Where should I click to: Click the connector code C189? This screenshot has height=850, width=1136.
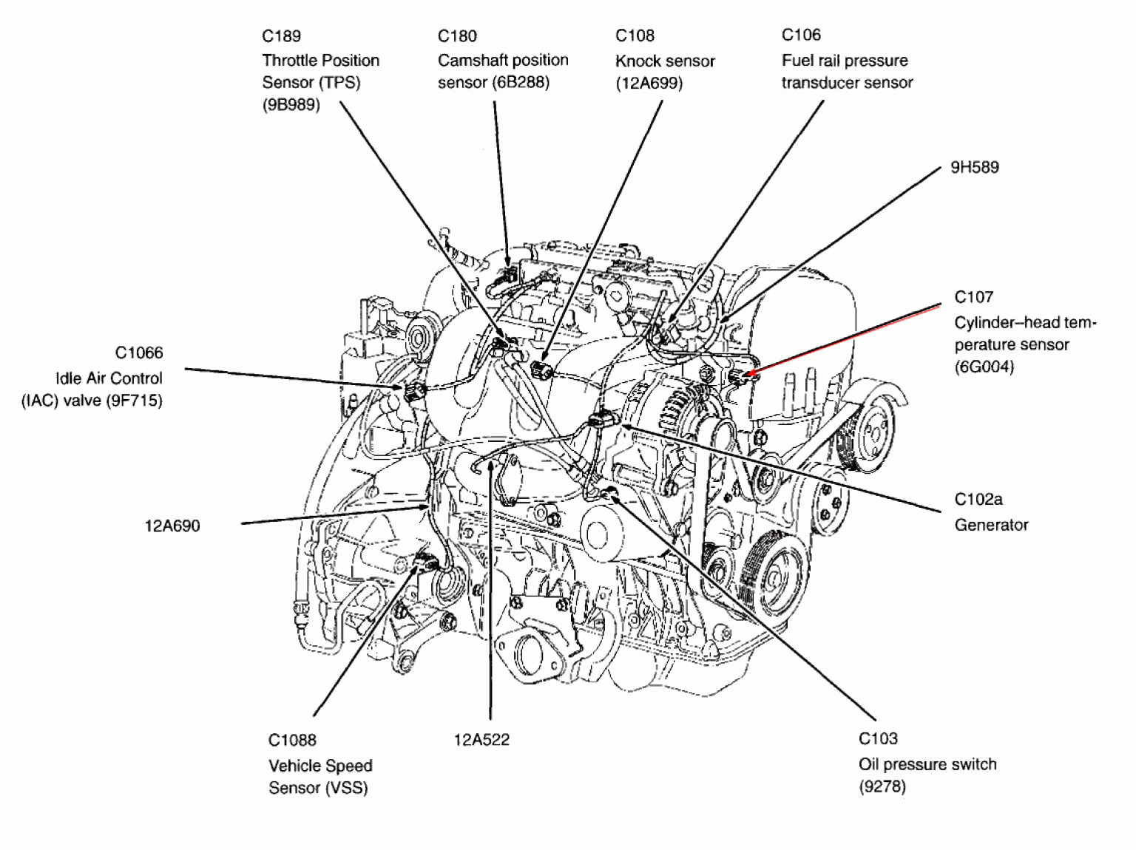click(x=281, y=36)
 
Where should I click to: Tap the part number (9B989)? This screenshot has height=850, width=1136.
click(x=291, y=105)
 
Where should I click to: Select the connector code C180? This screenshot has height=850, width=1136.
click(x=457, y=36)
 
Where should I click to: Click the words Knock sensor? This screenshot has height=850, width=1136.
click(x=665, y=61)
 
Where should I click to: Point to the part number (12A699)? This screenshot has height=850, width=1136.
click(x=649, y=84)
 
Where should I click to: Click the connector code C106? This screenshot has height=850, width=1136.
click(x=801, y=35)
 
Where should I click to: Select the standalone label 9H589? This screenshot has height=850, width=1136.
click(x=974, y=168)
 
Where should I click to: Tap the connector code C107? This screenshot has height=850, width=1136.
click(x=973, y=297)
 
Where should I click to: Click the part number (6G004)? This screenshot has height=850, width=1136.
click(x=984, y=367)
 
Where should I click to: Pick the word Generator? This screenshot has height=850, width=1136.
click(x=991, y=525)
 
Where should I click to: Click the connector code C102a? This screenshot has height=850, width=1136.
click(x=978, y=500)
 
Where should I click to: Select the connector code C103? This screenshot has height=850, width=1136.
click(x=878, y=738)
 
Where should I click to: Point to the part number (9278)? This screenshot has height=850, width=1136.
click(x=882, y=786)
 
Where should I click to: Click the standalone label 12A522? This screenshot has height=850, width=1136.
click(x=481, y=740)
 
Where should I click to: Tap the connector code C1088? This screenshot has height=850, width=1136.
click(x=292, y=740)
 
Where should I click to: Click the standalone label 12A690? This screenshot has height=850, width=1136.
click(x=172, y=526)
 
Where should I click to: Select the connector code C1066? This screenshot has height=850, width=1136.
click(x=139, y=353)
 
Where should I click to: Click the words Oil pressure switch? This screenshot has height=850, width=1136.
click(x=927, y=764)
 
